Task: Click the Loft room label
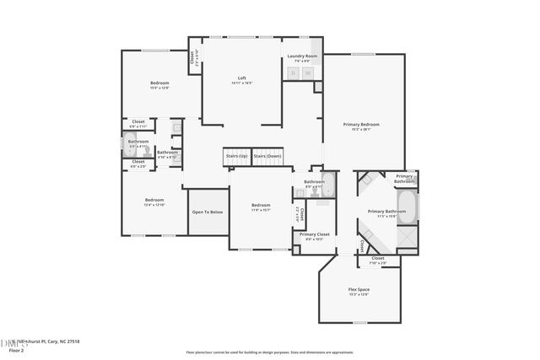[241, 78]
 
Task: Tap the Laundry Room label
[302, 56]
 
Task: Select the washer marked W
[308, 73]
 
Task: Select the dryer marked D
[294, 73]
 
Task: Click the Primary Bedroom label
[361, 124]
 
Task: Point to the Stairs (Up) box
[237, 156]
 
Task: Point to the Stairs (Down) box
[267, 156]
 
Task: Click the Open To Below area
[208, 212]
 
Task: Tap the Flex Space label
[359, 289]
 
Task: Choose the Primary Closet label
[314, 234]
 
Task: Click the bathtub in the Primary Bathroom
[406, 207]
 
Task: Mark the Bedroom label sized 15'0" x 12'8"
[160, 82]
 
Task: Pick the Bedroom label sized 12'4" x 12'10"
[154, 199]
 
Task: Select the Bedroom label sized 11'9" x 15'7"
[261, 205]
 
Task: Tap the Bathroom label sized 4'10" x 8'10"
[167, 152]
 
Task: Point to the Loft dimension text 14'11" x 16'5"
[241, 83]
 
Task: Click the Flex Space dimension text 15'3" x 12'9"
[359, 295]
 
